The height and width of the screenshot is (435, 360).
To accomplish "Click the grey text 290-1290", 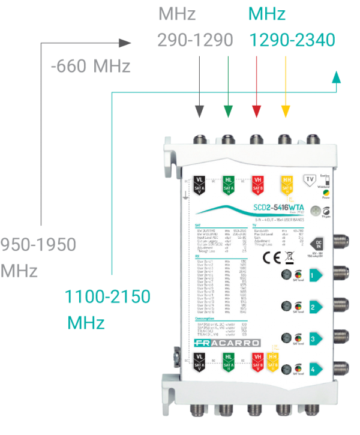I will point(194,40).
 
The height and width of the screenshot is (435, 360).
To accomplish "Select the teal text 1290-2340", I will point(292,40).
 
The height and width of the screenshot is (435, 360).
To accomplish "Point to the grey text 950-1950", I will point(38,245).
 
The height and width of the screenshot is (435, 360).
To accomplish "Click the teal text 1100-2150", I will point(108,296).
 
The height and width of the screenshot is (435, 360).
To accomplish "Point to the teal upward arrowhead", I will point(336,74).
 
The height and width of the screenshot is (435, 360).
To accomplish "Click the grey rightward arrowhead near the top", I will point(124,43).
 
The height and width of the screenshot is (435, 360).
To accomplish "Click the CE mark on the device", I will point(269,259).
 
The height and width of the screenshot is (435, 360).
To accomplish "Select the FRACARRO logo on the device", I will point(227,343).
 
